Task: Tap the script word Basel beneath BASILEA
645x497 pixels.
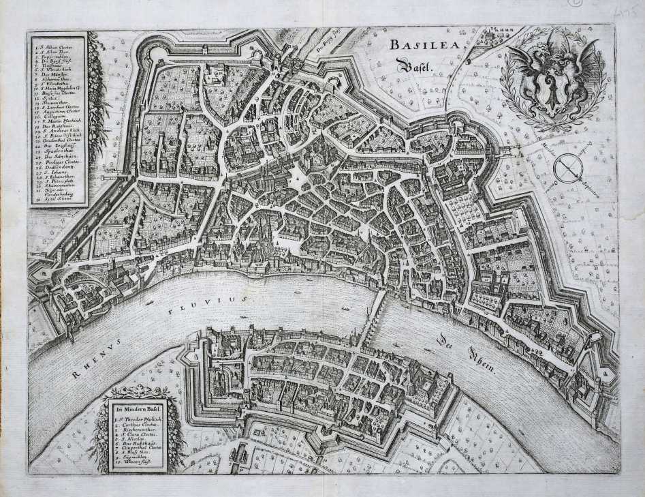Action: (413, 67)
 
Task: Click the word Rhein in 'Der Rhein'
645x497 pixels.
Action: (482, 357)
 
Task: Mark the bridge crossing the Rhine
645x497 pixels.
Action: (375, 313)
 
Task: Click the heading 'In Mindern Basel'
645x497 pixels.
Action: (137, 408)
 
